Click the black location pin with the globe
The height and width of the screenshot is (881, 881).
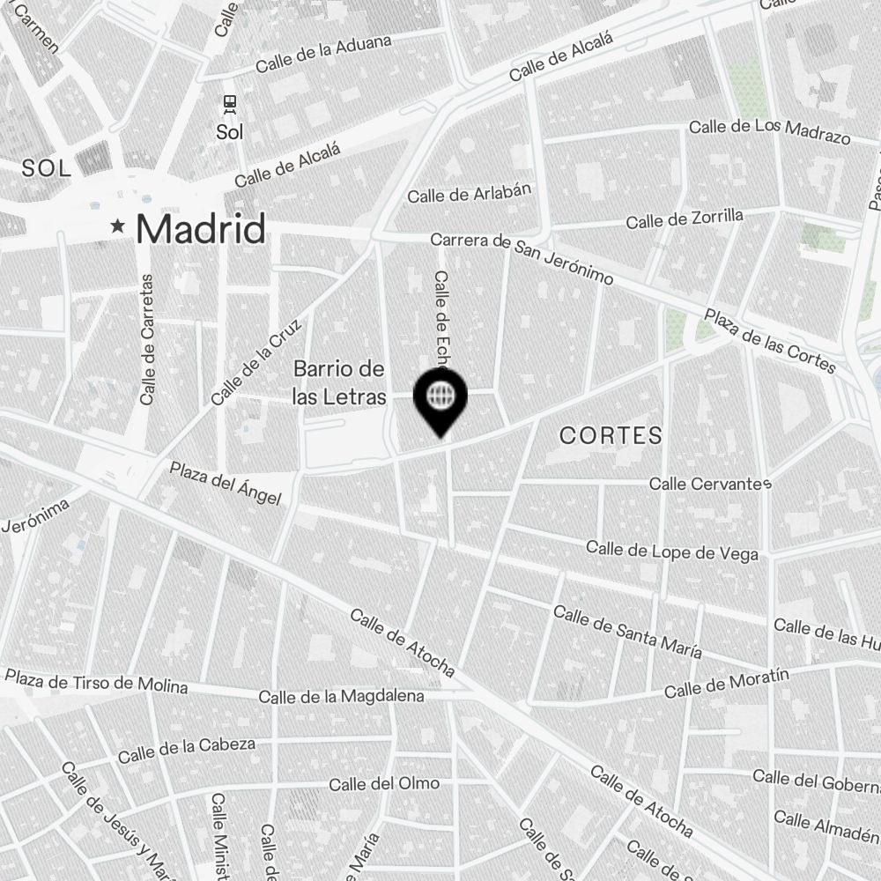440,397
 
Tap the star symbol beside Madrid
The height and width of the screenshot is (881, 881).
117,227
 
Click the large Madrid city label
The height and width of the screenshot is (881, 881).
201,229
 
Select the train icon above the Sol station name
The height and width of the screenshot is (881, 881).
230,105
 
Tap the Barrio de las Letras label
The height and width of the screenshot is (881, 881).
339,382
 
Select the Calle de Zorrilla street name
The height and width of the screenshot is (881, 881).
685,218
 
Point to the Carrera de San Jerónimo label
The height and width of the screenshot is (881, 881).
522,258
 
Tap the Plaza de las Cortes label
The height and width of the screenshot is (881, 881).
769,341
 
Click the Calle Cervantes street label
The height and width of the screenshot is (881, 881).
710,484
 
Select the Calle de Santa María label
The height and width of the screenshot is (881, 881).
627,632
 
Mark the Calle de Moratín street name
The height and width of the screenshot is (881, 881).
726,684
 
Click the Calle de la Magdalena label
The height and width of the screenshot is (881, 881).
341,696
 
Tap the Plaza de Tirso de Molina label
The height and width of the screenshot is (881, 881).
96,682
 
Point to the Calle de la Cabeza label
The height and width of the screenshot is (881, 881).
187,750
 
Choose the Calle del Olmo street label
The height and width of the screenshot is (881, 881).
384,783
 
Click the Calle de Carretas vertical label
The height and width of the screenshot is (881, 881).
147,339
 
